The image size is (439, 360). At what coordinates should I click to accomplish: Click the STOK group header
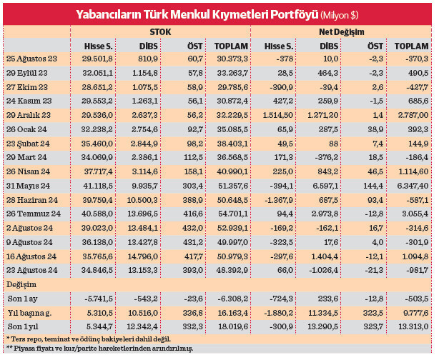click(x=160, y=32)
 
